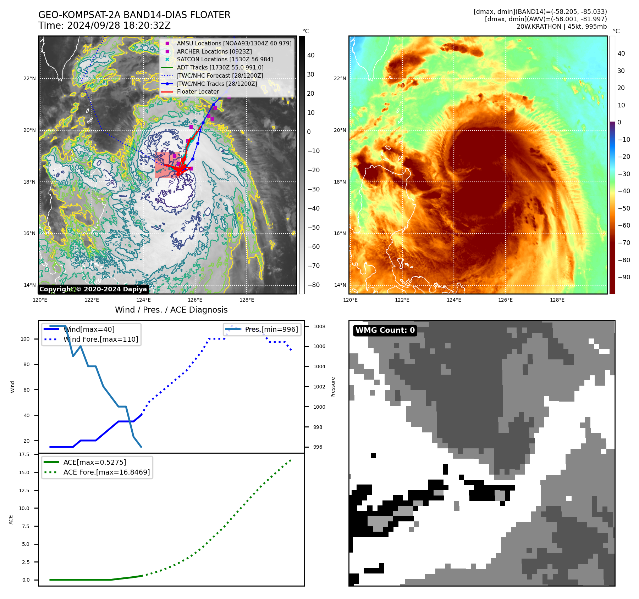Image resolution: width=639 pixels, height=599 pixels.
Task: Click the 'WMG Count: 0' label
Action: click(385, 330)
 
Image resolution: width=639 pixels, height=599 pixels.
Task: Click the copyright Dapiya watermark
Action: click(93, 289)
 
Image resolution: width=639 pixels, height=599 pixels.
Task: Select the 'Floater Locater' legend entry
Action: click(198, 91)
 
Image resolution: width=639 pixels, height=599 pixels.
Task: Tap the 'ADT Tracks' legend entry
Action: click(220, 67)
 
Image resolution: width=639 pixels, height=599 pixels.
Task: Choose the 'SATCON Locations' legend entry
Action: click(225, 59)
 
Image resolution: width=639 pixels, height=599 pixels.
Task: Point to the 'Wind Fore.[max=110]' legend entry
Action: click(101, 339)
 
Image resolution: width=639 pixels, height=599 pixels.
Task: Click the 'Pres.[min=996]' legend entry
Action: click(271, 329)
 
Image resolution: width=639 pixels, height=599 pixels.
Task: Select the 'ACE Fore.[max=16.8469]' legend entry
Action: click(106, 472)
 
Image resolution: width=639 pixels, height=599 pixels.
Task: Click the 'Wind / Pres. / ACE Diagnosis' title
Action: click(171, 310)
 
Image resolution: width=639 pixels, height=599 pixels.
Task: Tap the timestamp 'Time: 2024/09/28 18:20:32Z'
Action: click(105, 26)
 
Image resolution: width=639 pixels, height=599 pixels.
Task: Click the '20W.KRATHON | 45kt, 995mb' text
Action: click(561, 27)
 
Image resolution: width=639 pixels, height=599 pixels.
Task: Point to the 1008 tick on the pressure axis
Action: click(319, 326)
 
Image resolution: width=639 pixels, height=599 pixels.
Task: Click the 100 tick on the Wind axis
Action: click(25, 339)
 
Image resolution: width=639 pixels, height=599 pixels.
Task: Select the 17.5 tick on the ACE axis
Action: click(24, 454)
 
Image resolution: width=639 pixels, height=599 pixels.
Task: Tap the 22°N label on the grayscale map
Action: click(29, 78)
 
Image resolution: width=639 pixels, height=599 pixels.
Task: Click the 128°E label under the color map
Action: click(557, 300)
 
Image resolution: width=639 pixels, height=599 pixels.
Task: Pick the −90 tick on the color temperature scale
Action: click(624, 277)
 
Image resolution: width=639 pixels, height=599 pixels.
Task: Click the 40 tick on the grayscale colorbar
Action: click(311, 55)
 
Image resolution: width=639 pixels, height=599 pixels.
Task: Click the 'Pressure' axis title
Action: click(333, 387)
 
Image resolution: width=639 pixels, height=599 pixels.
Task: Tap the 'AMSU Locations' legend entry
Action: click(234, 43)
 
